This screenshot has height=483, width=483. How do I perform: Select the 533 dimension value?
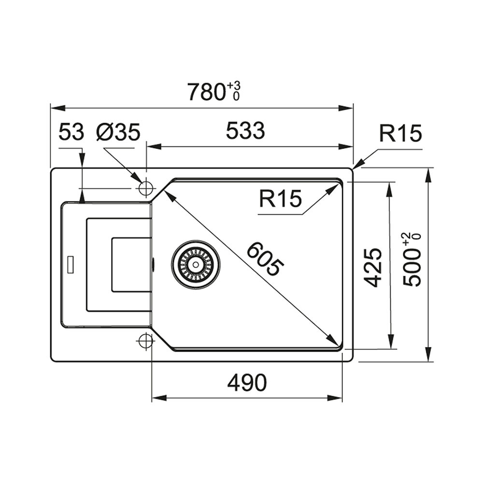click(245, 130)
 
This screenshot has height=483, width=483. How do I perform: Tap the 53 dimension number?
click(71, 131)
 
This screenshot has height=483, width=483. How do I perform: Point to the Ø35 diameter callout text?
click(118, 132)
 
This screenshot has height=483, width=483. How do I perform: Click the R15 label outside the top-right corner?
click(400, 133)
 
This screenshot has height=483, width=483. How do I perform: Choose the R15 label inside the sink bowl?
click(280, 199)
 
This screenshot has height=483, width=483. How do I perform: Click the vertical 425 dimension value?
click(373, 267)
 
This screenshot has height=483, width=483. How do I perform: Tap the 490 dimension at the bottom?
click(247, 383)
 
